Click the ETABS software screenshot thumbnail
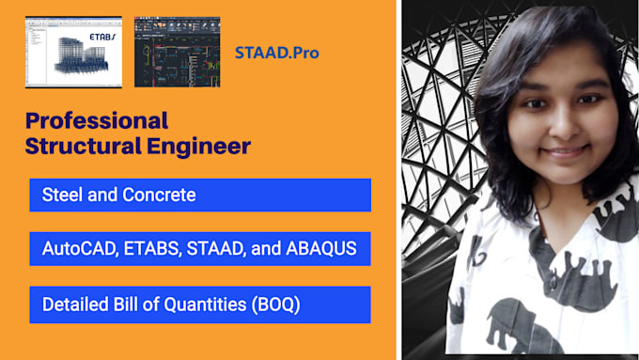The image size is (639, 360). coord(75,52)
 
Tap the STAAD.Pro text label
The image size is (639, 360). coord(276,53)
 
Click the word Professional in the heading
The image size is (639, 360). coord(97,121)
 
